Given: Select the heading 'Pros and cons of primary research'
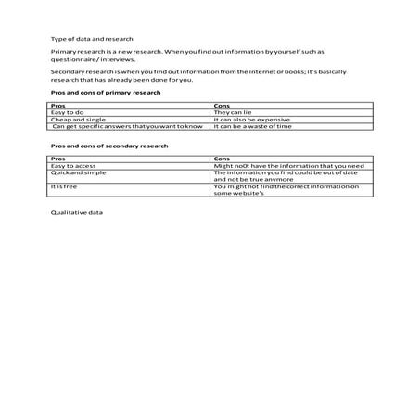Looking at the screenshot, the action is (x=105, y=93).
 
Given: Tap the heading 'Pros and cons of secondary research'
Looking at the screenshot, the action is (x=108, y=146).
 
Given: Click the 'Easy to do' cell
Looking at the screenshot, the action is (x=68, y=112).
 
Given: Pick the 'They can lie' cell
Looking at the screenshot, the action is (x=233, y=112).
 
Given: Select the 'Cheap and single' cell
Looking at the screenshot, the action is (x=78, y=120).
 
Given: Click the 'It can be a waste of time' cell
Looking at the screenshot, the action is (x=252, y=126).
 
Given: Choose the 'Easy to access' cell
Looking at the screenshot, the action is (x=73, y=166).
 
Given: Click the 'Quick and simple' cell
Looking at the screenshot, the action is (x=78, y=172).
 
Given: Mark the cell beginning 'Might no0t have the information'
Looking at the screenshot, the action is (x=288, y=166).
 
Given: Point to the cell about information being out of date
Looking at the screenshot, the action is (x=286, y=176).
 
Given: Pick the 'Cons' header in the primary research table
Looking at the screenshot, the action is (x=221, y=106).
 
